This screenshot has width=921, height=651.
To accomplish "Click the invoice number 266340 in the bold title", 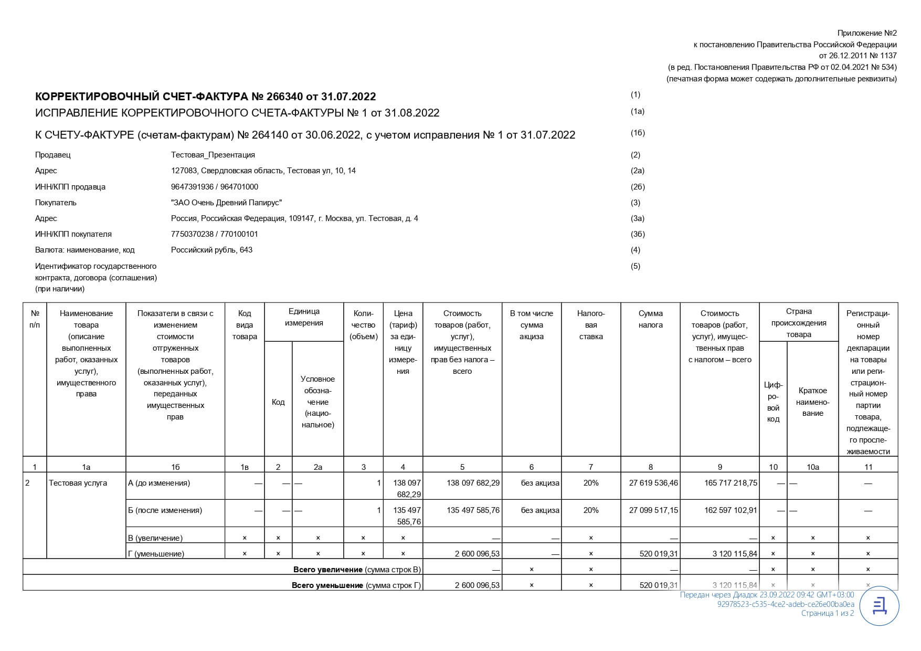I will pos(284,97).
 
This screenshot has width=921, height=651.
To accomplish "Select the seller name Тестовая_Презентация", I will pos(213,155).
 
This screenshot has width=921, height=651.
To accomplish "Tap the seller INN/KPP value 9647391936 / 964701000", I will pos(214,187).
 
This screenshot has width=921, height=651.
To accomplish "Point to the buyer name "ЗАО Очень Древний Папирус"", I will pos(226,203).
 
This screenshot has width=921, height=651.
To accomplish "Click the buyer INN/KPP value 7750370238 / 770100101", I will pos(214,234).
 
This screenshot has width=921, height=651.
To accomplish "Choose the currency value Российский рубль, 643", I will pos(211,250).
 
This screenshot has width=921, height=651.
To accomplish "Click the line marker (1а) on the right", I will pos(637,111).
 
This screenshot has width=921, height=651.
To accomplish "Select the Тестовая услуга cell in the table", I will pos(78,483).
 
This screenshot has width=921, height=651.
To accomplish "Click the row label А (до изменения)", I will pos(159,483).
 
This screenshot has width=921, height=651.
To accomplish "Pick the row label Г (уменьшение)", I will pos(156,553).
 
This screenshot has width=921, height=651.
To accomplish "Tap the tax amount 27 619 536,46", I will pos(653,483).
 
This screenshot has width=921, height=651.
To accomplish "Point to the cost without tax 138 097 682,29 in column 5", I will pos(473,483).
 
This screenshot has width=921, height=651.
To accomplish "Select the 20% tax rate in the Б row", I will pos(591,510).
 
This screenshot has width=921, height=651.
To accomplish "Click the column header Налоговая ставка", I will pos(591,325).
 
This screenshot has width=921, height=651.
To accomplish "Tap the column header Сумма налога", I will pos(650,319).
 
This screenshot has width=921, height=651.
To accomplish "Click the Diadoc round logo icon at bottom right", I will pos(880,606).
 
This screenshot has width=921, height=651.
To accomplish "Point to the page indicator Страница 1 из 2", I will pos(827,613).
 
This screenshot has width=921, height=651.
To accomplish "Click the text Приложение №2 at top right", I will pos(866,33).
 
